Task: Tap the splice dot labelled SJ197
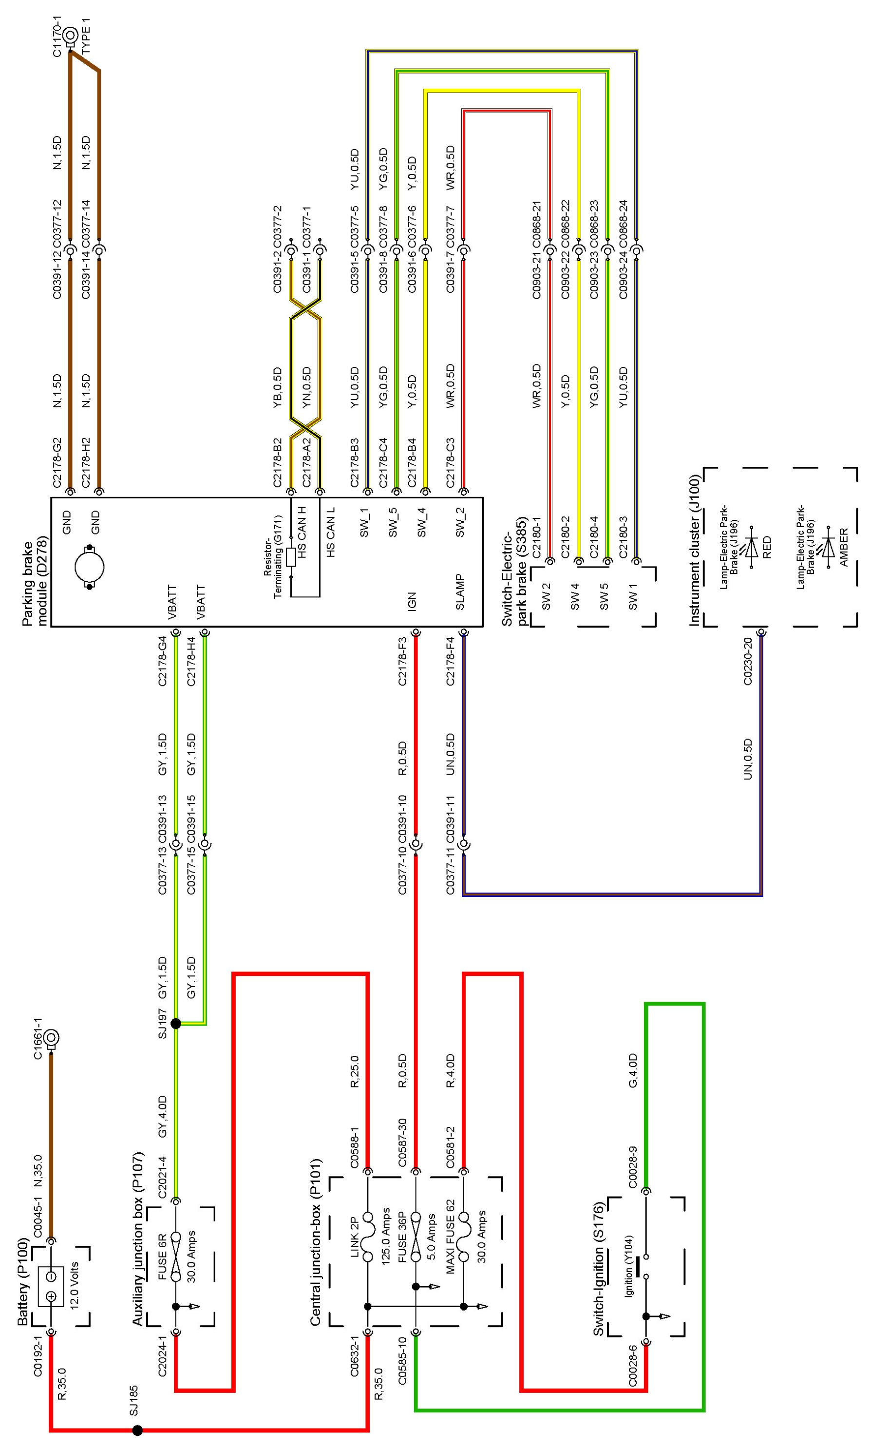(x=175, y=1024)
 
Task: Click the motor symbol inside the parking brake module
(x=90, y=568)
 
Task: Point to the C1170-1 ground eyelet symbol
(x=72, y=36)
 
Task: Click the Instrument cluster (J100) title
(x=695, y=551)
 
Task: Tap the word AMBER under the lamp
(x=844, y=547)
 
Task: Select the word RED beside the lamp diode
(x=767, y=547)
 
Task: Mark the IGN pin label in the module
(x=412, y=602)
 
